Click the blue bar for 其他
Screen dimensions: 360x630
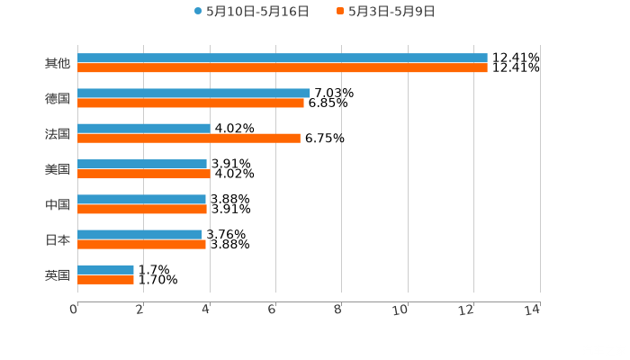click(x=283, y=58)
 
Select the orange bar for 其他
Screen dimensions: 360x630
click(x=283, y=68)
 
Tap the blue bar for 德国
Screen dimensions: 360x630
click(x=193, y=94)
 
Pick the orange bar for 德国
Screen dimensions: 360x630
click(x=191, y=103)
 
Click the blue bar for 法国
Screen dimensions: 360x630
click(x=144, y=129)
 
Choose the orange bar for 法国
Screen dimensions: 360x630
click(x=189, y=139)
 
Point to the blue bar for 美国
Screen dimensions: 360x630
click(x=142, y=164)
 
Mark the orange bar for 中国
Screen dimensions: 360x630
click(x=142, y=210)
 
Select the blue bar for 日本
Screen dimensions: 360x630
click(x=139, y=234)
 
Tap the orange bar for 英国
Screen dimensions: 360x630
click(x=105, y=280)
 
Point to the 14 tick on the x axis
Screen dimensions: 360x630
click(x=533, y=310)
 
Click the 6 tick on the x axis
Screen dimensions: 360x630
click(x=272, y=310)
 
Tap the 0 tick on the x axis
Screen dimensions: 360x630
click(x=74, y=310)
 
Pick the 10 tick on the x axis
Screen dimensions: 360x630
click(x=401, y=310)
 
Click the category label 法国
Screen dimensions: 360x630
click(x=58, y=134)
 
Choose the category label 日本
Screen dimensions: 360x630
click(x=58, y=239)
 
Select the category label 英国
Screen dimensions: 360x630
click(x=58, y=275)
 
